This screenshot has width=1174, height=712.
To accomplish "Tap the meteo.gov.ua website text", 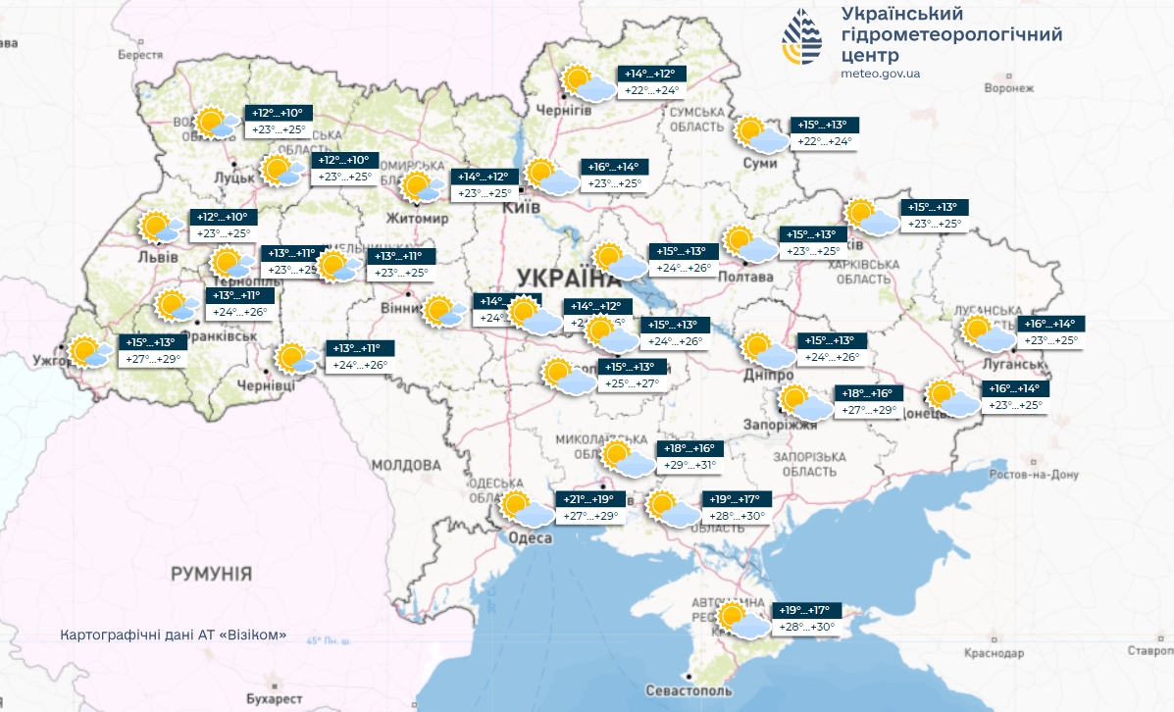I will [880, 74].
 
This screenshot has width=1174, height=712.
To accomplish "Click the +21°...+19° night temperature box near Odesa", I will [588, 499].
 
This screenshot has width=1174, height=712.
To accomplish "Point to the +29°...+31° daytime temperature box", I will [691, 466].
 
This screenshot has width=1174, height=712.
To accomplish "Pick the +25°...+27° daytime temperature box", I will [634, 383].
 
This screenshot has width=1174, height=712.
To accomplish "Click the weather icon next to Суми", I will [761, 134].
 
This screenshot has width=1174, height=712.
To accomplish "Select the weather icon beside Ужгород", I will [88, 351].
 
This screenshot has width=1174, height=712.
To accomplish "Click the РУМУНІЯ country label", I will [211, 574].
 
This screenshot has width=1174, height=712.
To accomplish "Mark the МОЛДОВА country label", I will [406, 465].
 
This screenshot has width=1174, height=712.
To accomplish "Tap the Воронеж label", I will [1009, 88].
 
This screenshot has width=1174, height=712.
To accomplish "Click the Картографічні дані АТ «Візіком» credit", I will [174, 635].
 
